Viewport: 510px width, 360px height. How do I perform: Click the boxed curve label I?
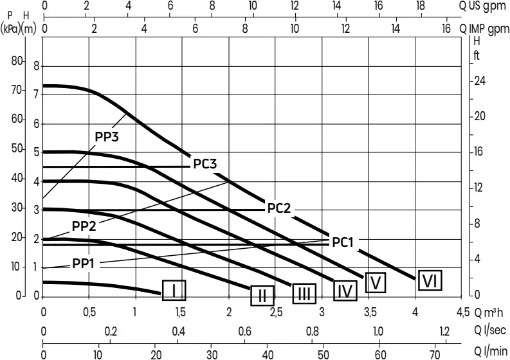pos(174,291)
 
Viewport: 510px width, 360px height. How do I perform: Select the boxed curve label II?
pos(262,296)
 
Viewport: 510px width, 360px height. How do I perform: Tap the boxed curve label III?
pos(304,294)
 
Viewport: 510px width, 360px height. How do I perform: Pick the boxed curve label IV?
pos(346,291)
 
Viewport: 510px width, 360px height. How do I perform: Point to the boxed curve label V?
pos(376,282)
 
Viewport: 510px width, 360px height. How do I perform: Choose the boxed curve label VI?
pos(430,280)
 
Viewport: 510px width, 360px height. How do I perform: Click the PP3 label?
pos(107,136)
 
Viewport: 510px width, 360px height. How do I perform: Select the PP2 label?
pos(84,226)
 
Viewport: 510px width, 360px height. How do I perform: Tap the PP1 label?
pos(83,263)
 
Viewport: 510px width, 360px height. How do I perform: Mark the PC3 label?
pos(205,164)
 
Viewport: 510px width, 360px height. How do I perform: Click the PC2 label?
pos(280,208)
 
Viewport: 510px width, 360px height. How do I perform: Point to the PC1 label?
pos(343,242)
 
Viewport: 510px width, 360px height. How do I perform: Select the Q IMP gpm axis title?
pos(487,29)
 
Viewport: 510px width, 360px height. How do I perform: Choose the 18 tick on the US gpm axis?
pos(420,6)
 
